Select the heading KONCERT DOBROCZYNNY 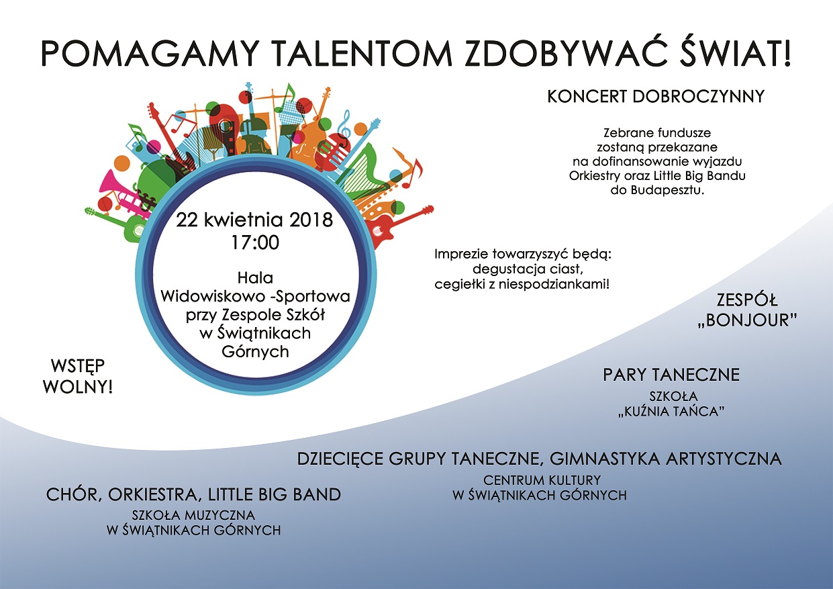coord(656,96)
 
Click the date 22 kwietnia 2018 coord(254,220)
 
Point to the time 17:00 coord(255,242)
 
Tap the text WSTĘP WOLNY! coord(78,377)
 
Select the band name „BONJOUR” coord(747,320)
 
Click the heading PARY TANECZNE coord(671,375)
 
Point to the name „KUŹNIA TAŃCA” coord(672,411)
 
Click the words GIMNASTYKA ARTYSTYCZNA coord(666,459)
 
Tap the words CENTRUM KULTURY coord(542,480)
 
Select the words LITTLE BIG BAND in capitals coord(275,494)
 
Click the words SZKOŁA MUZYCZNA coord(193,515)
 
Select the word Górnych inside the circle coord(255,352)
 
